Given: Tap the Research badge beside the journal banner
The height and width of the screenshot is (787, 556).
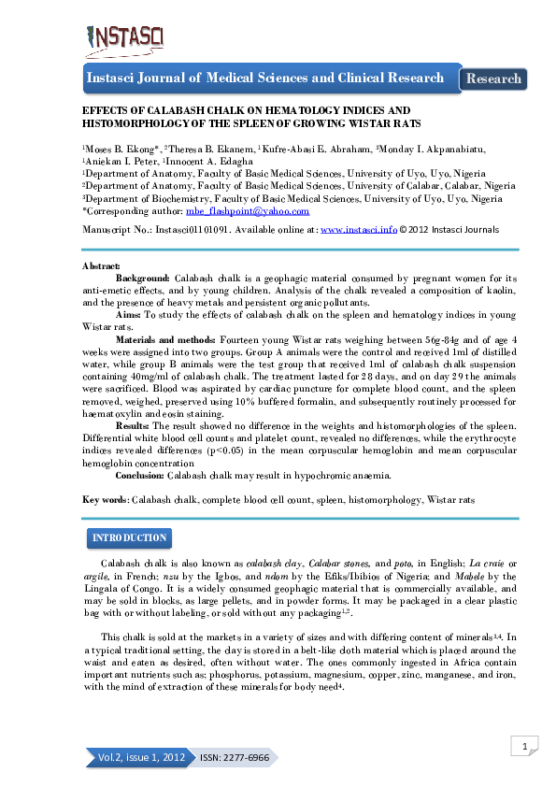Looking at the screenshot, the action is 493,79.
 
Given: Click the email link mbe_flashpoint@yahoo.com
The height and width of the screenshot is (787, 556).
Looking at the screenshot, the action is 248,212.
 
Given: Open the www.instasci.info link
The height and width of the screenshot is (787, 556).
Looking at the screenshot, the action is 358,228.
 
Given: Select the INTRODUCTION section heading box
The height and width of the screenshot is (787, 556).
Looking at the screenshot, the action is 128,538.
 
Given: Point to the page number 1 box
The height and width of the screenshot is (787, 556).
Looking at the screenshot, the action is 526,745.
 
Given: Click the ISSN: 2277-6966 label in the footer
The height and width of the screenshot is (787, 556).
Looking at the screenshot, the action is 234,757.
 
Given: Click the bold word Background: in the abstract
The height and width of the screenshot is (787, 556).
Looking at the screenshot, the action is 143,279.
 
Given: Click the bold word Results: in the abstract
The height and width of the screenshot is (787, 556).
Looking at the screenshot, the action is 134,424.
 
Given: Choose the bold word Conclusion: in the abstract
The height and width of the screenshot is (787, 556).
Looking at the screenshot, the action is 140,475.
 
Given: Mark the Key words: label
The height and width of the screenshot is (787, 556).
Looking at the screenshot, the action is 106,500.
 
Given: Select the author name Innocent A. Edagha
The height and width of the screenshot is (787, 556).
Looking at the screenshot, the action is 212,161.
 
